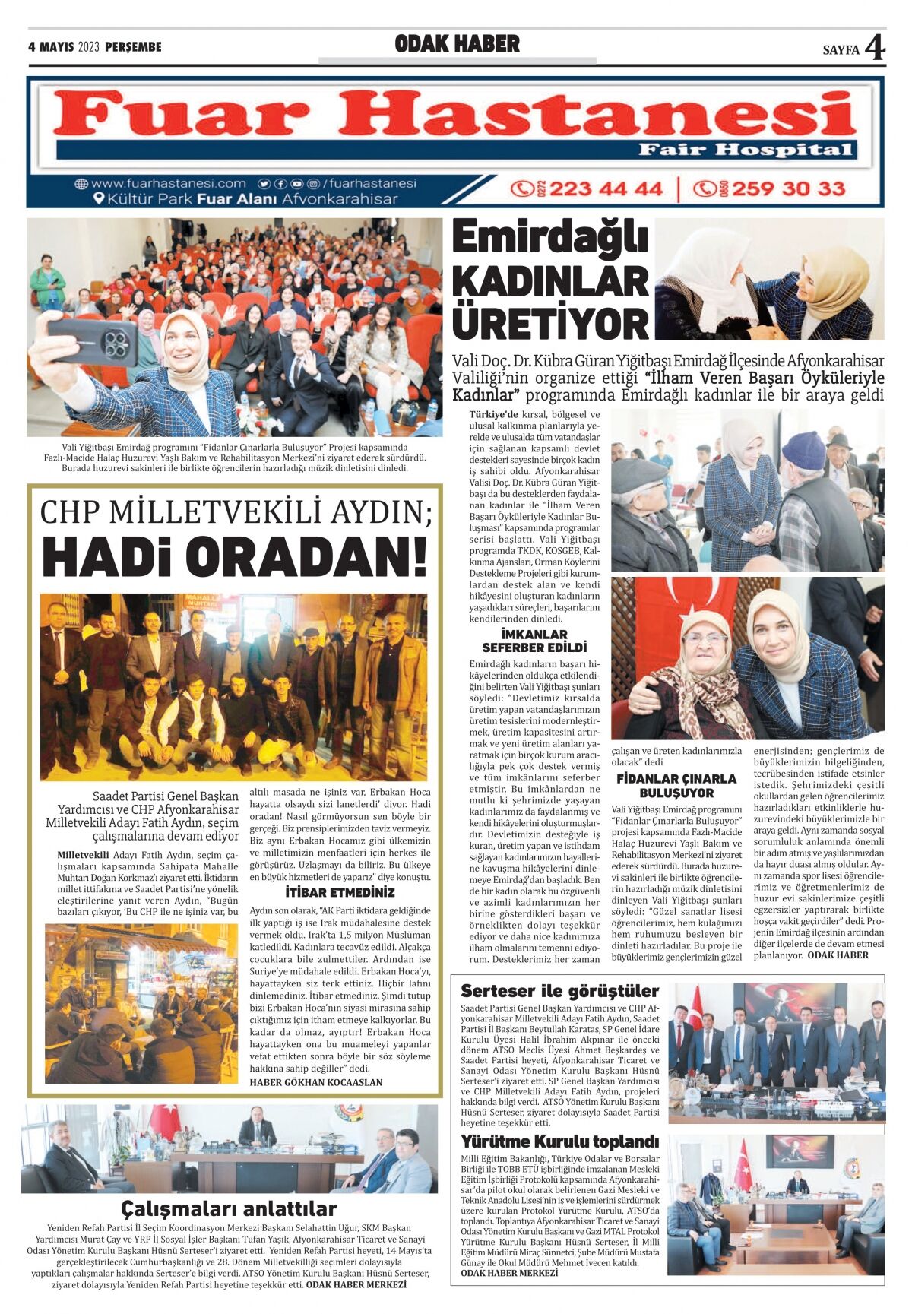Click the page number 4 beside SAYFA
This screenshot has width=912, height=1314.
pyautogui.click(x=875, y=49)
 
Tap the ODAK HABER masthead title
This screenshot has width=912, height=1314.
pyautogui.click(x=457, y=45)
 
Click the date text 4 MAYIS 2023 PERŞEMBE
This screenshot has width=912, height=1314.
pyautogui.click(x=95, y=47)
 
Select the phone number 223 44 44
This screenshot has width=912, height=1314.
pyautogui.click(x=605, y=188)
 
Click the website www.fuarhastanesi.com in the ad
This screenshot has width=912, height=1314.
pyautogui.click(x=168, y=183)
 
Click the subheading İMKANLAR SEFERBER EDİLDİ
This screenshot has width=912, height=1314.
pyautogui.click(x=534, y=641)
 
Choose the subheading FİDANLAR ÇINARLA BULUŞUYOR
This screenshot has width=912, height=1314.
pyautogui.click(x=676, y=785)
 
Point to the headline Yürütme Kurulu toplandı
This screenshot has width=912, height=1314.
pyautogui.click(x=559, y=1141)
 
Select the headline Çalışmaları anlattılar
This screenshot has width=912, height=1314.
pyautogui.click(x=229, y=1208)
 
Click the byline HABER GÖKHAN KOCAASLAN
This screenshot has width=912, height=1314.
pyautogui.click(x=316, y=1082)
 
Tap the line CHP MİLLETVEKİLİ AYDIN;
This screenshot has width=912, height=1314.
pyautogui.click(x=236, y=512)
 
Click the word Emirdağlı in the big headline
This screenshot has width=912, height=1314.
pyautogui.click(x=550, y=238)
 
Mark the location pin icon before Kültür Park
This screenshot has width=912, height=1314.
pyautogui.click(x=98, y=199)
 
